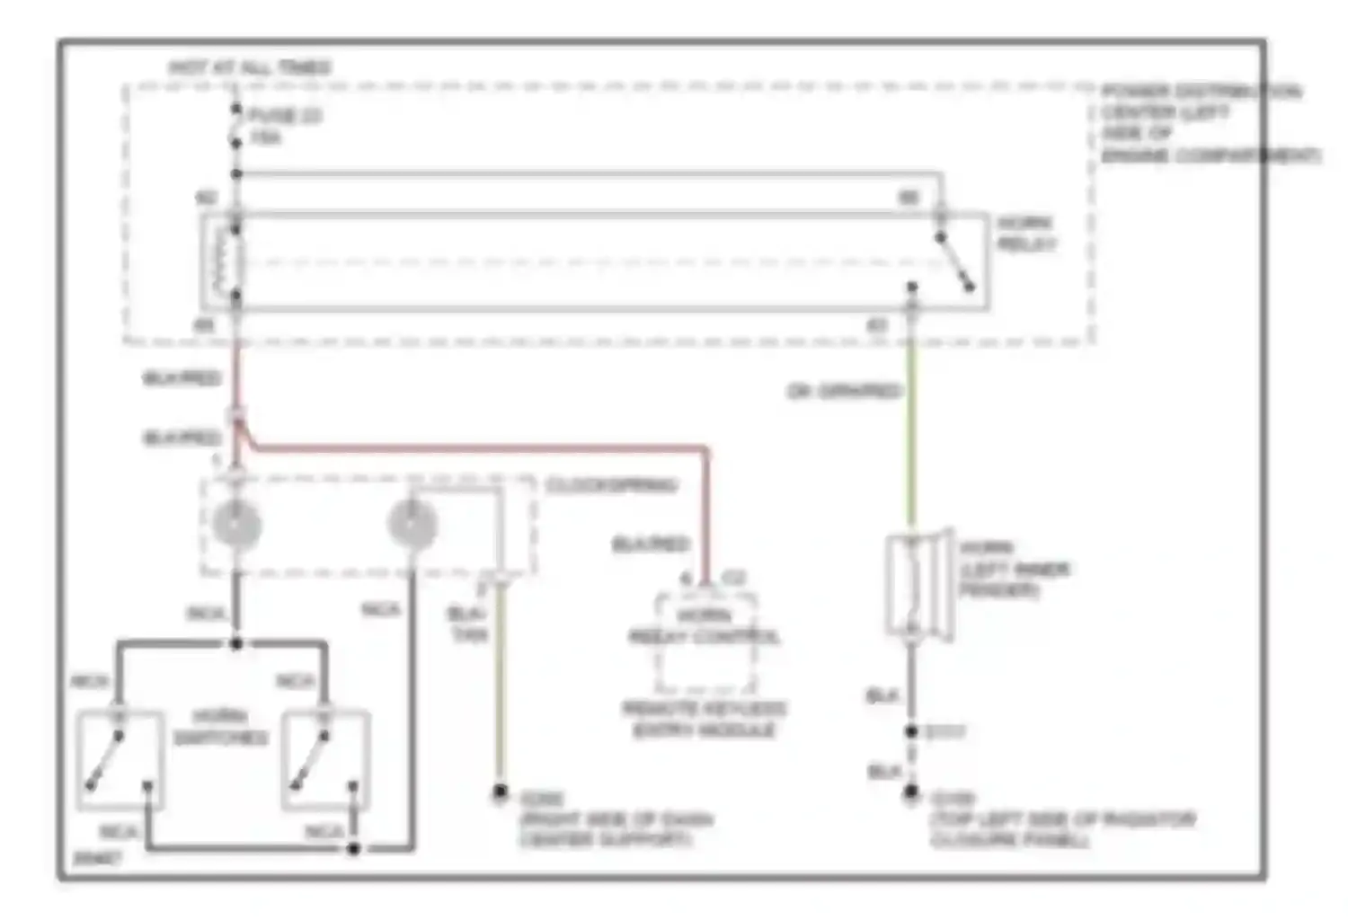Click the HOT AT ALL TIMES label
(x=250, y=67)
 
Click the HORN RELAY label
(x=1025, y=233)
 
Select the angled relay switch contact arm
(x=954, y=261)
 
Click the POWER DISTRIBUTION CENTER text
(x=1202, y=123)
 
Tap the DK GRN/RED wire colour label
(x=843, y=391)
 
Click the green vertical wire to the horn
(x=911, y=431)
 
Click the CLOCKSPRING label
(x=611, y=485)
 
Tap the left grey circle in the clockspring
(x=236, y=525)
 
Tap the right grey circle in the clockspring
(x=412, y=523)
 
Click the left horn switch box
(x=120, y=760)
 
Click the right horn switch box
(x=324, y=760)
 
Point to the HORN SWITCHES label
(x=220, y=727)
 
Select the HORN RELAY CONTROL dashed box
(x=705, y=640)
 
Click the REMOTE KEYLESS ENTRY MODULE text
(x=704, y=719)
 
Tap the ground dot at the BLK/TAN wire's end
(x=500, y=792)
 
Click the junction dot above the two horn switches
(x=236, y=643)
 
